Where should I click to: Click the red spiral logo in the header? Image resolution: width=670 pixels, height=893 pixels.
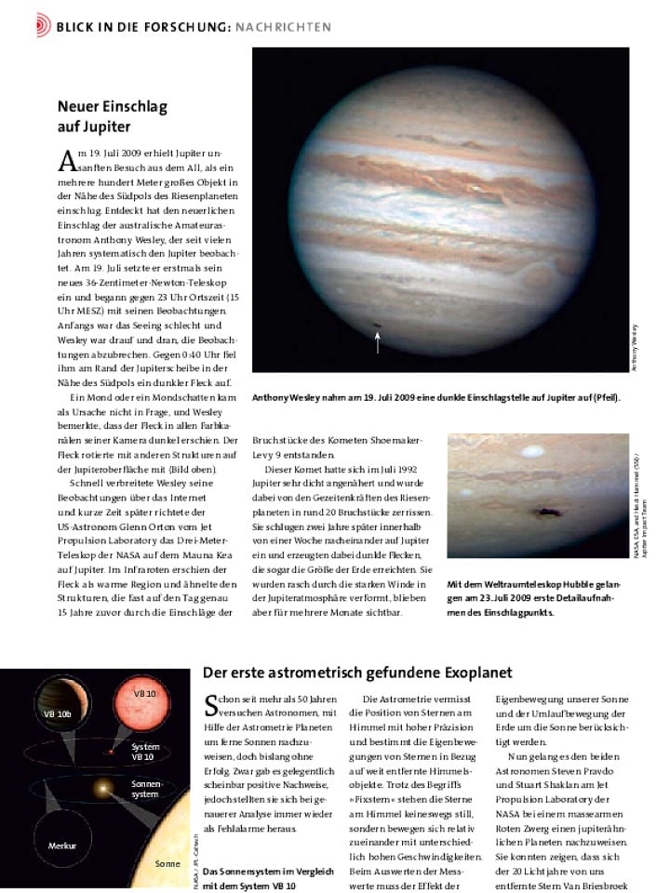pos(43,26)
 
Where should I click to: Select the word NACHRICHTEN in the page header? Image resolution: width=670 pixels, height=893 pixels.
pos(288,26)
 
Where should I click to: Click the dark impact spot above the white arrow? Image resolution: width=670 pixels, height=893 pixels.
pos(377,325)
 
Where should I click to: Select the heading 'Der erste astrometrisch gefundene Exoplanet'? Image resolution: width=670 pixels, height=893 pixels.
pos(357,673)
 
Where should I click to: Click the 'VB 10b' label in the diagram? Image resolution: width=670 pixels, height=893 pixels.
pos(58,714)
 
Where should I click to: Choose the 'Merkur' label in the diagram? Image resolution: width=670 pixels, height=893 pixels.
pos(60,846)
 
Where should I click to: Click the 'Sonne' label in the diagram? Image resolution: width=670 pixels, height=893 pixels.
pos(167,863)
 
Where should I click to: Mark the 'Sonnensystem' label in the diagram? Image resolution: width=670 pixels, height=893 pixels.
pos(145,790)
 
